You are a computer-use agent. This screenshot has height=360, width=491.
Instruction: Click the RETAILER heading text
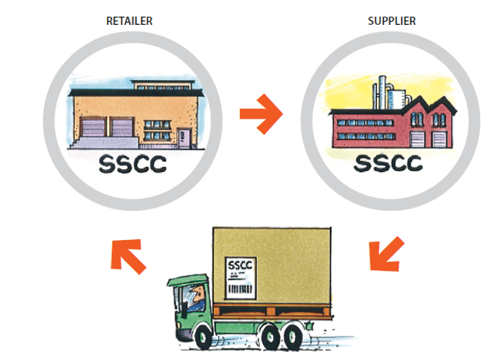click(131, 20)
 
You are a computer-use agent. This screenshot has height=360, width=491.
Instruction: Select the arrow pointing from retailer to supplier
click(261, 116)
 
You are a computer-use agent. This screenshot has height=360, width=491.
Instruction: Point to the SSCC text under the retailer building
click(132, 164)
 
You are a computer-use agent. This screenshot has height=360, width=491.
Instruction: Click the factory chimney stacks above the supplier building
click(382, 91)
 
